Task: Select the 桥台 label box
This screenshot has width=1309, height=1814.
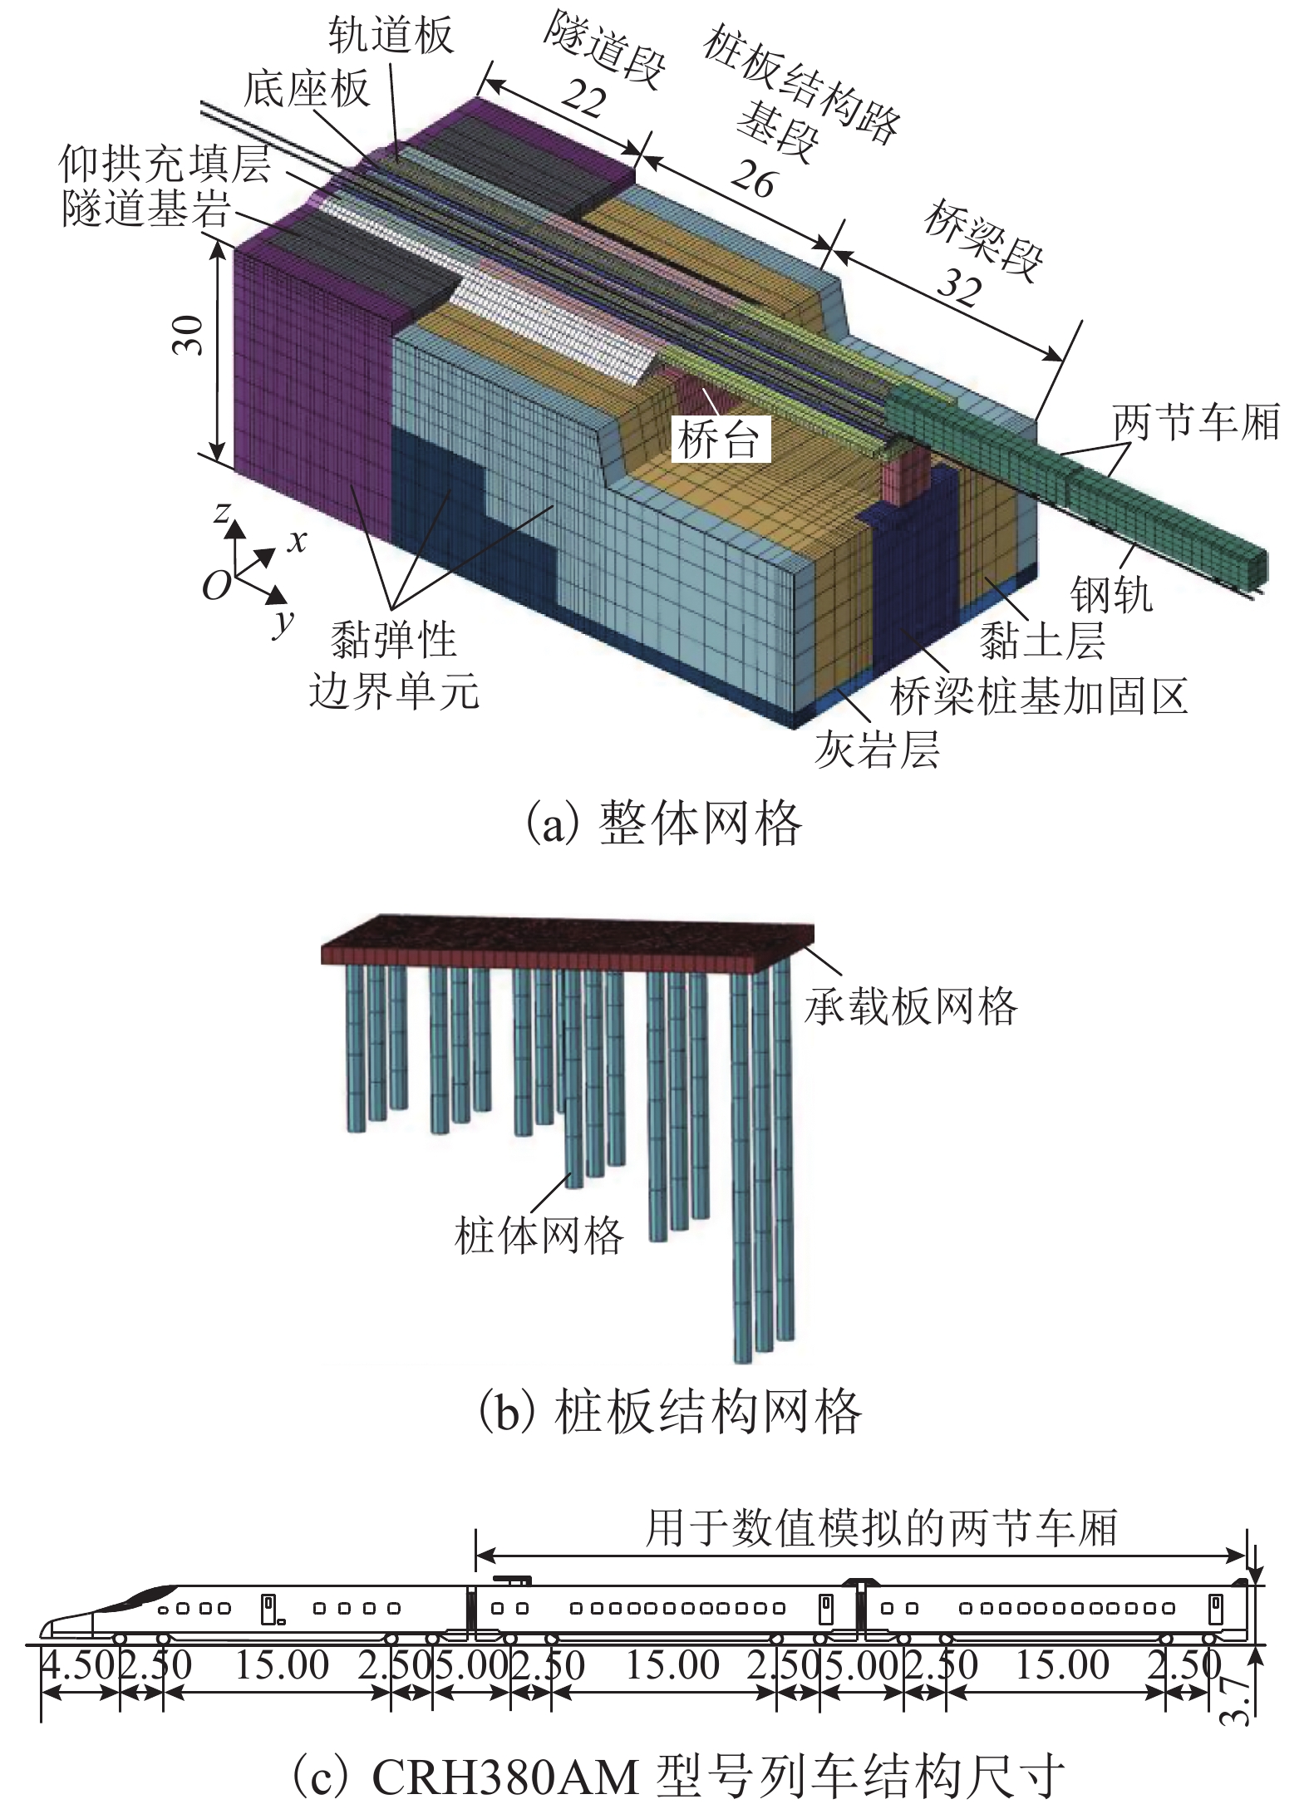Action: [718, 440]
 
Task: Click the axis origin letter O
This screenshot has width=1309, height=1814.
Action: [216, 586]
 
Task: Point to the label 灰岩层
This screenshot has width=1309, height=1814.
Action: [877, 750]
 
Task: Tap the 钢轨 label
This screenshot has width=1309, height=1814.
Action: [1111, 594]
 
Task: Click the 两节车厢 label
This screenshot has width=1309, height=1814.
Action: [1196, 421]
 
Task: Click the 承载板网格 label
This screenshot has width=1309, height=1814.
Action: [910, 1006]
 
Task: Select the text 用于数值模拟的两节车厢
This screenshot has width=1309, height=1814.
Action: [882, 1527]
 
